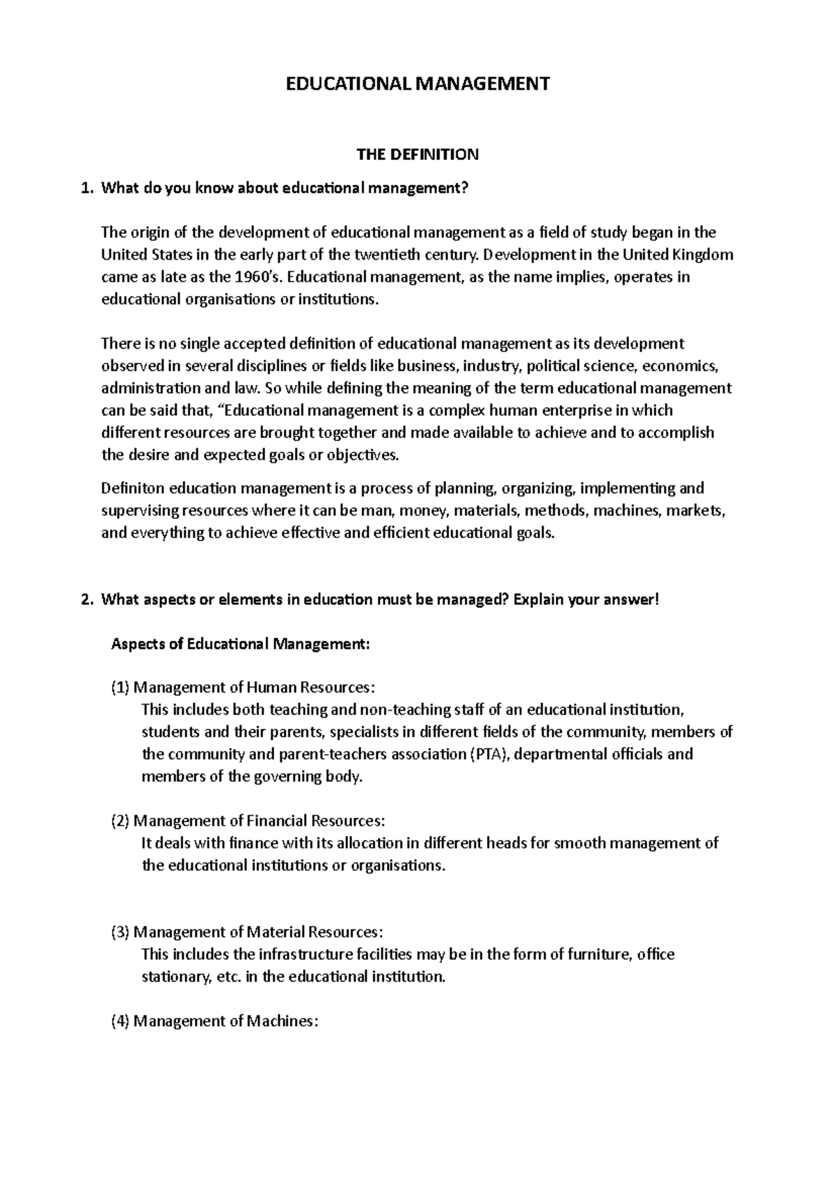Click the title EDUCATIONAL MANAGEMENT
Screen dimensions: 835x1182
(x=418, y=84)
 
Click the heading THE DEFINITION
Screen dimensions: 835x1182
(x=417, y=155)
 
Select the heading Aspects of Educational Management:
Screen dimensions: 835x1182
(x=241, y=644)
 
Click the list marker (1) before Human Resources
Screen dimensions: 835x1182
(x=120, y=688)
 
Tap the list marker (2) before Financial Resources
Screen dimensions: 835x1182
(x=120, y=821)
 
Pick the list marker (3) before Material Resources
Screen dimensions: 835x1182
(x=120, y=932)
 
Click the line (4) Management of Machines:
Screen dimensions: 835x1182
(x=214, y=1021)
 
